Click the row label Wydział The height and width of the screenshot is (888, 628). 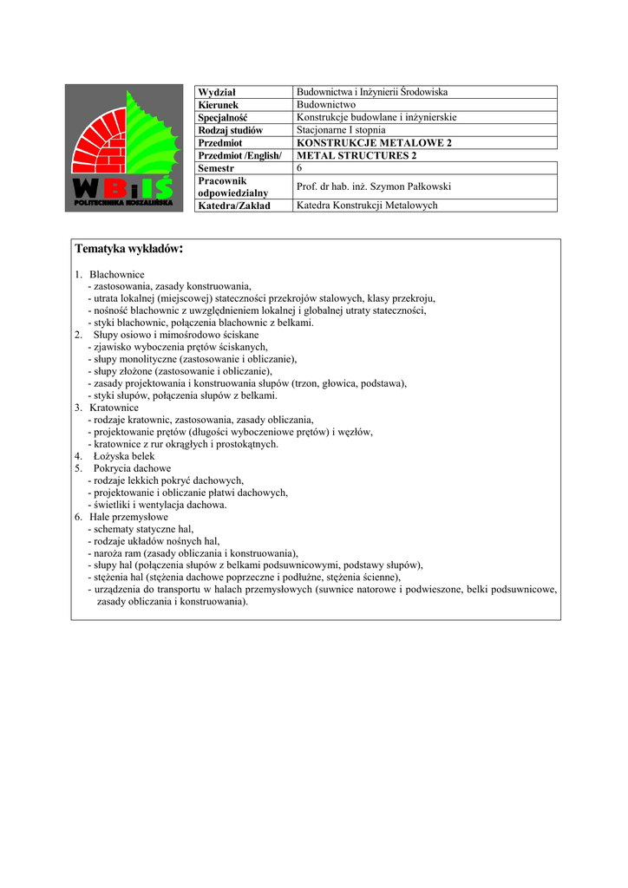click(x=217, y=92)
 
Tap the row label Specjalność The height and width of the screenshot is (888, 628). click(x=223, y=117)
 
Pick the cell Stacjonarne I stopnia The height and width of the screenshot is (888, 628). click(x=342, y=130)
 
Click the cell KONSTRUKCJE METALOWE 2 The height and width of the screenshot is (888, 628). click(x=374, y=142)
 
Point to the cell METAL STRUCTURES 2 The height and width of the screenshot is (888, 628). click(x=357, y=155)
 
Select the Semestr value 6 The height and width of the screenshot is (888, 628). click(x=300, y=167)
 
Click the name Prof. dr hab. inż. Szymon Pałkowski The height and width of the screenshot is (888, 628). click(x=374, y=186)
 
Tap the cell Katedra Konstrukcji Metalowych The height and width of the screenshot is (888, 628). click(x=367, y=206)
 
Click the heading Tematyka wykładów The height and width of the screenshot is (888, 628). click(x=129, y=250)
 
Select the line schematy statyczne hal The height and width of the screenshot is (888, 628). click(x=144, y=529)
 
